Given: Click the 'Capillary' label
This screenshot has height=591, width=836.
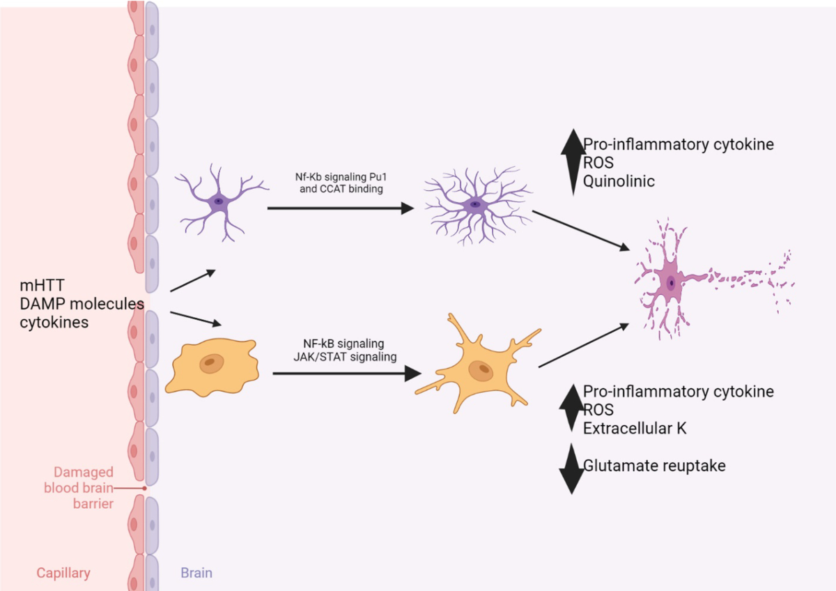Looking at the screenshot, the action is pos(63,573).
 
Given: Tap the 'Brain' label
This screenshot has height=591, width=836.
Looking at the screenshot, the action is pos(196,573).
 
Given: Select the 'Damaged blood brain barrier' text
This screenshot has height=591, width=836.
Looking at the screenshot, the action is pos(79,488).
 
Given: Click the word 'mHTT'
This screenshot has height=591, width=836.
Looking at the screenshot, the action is pos(42,285).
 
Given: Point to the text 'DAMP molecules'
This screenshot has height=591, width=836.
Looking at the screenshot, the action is pos(82,304).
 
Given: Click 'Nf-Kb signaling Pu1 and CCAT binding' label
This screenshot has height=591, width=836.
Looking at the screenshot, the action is pos(341,183).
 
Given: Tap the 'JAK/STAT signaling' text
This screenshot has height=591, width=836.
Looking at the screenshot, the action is pos(345,357).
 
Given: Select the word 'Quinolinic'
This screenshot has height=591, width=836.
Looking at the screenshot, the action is pos(619,181).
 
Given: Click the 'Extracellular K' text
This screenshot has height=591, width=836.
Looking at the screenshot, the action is pos(635,428).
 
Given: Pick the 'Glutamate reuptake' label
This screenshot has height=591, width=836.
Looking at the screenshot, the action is pos(654,466).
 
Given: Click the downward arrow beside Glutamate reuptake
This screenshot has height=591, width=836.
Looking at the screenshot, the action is pos(572,469).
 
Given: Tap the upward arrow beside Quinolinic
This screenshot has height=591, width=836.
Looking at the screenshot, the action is pos(573,162).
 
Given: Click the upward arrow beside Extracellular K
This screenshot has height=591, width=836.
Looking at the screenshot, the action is pos(572,408).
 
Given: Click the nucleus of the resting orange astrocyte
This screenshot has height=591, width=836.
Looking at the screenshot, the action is pos(211,363).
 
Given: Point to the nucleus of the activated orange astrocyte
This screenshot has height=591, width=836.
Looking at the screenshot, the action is pos(481,371).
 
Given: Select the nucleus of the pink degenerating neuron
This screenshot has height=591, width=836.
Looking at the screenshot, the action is pos(671,283).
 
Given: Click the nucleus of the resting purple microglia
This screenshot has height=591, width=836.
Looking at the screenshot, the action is pos(218,201).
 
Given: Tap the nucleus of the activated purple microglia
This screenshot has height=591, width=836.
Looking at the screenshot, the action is pos(474,204).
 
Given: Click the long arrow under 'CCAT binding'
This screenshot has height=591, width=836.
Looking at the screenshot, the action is pos(341,208).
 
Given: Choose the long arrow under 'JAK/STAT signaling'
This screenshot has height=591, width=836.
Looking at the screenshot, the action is pos(347,374).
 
